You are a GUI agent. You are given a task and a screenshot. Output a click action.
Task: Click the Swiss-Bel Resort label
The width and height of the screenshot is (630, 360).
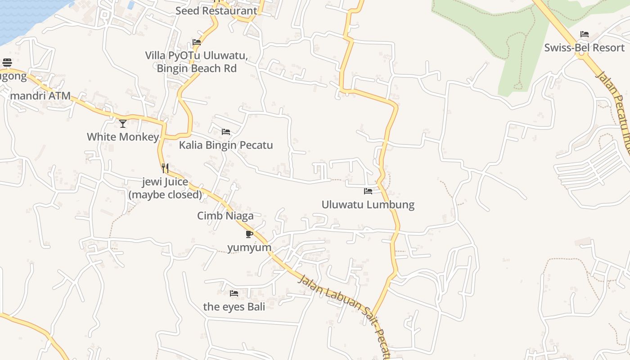pos(584,48)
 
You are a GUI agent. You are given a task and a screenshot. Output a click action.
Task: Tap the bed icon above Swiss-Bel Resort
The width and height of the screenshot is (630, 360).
pos(584,34)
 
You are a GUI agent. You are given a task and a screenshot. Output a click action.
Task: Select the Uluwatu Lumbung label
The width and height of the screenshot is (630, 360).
pos(368,205)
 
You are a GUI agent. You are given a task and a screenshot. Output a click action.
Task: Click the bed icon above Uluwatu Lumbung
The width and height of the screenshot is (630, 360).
pos(368,191)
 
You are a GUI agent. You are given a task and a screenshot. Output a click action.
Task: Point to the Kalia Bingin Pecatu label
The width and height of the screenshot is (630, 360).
pos(226,145)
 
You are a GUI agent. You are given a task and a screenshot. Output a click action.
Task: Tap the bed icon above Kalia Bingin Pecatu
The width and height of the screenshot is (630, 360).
pos(226,132)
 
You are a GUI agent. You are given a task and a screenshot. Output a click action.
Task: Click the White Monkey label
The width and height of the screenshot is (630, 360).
pos(123,137)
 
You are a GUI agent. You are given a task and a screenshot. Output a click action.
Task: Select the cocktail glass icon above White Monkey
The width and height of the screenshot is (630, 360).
pos(123,123)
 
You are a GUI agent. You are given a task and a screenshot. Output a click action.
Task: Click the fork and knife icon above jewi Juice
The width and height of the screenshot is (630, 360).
pos(165,168)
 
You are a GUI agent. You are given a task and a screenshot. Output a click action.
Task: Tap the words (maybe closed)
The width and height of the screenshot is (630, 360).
pos(165,195)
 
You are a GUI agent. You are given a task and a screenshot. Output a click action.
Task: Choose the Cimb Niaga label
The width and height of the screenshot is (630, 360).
pos(225,216)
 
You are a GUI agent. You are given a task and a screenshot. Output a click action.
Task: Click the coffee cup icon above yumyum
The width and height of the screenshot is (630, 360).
pos(249,234)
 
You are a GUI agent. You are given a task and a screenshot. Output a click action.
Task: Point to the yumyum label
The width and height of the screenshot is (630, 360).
pos(249,247)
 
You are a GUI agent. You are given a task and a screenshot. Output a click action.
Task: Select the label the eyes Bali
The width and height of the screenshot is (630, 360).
pos(234,307)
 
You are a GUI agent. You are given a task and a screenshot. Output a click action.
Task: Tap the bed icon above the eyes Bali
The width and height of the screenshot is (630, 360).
pos(234,293)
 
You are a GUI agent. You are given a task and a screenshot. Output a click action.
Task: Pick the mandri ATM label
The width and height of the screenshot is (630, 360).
pos(40,96)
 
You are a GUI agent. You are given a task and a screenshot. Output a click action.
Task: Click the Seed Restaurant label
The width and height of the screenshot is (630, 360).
pos(216,11)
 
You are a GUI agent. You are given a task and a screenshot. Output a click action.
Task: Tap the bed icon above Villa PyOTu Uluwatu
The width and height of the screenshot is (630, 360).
pos(197,42)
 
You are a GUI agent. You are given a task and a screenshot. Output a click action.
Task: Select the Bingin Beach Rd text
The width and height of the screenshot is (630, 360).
pos(197,69)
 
